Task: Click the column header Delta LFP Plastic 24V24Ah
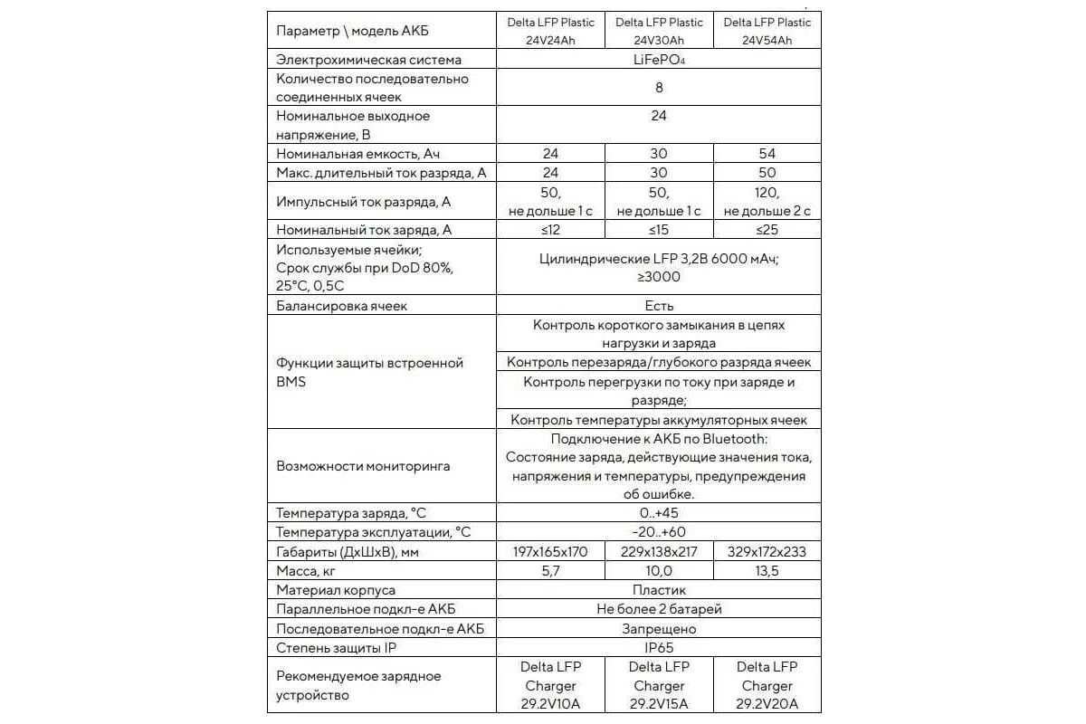(550, 31)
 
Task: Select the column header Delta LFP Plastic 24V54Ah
(767, 31)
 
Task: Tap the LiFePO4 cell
(659, 60)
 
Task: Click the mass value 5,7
(550, 570)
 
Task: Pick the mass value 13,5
(767, 570)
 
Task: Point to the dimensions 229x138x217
(659, 551)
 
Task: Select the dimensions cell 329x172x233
(767, 551)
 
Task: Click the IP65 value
(659, 647)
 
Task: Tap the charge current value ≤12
(550, 230)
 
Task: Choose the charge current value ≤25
(767, 230)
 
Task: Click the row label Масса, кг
(310, 570)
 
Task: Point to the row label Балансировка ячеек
(341, 306)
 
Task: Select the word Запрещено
(659, 628)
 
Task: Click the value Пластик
(659, 590)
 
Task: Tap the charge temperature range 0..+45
(659, 513)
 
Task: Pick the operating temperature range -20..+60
(659, 532)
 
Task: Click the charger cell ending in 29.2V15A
(659, 686)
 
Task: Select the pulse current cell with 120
(767, 201)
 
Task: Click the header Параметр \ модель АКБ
(352, 31)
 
